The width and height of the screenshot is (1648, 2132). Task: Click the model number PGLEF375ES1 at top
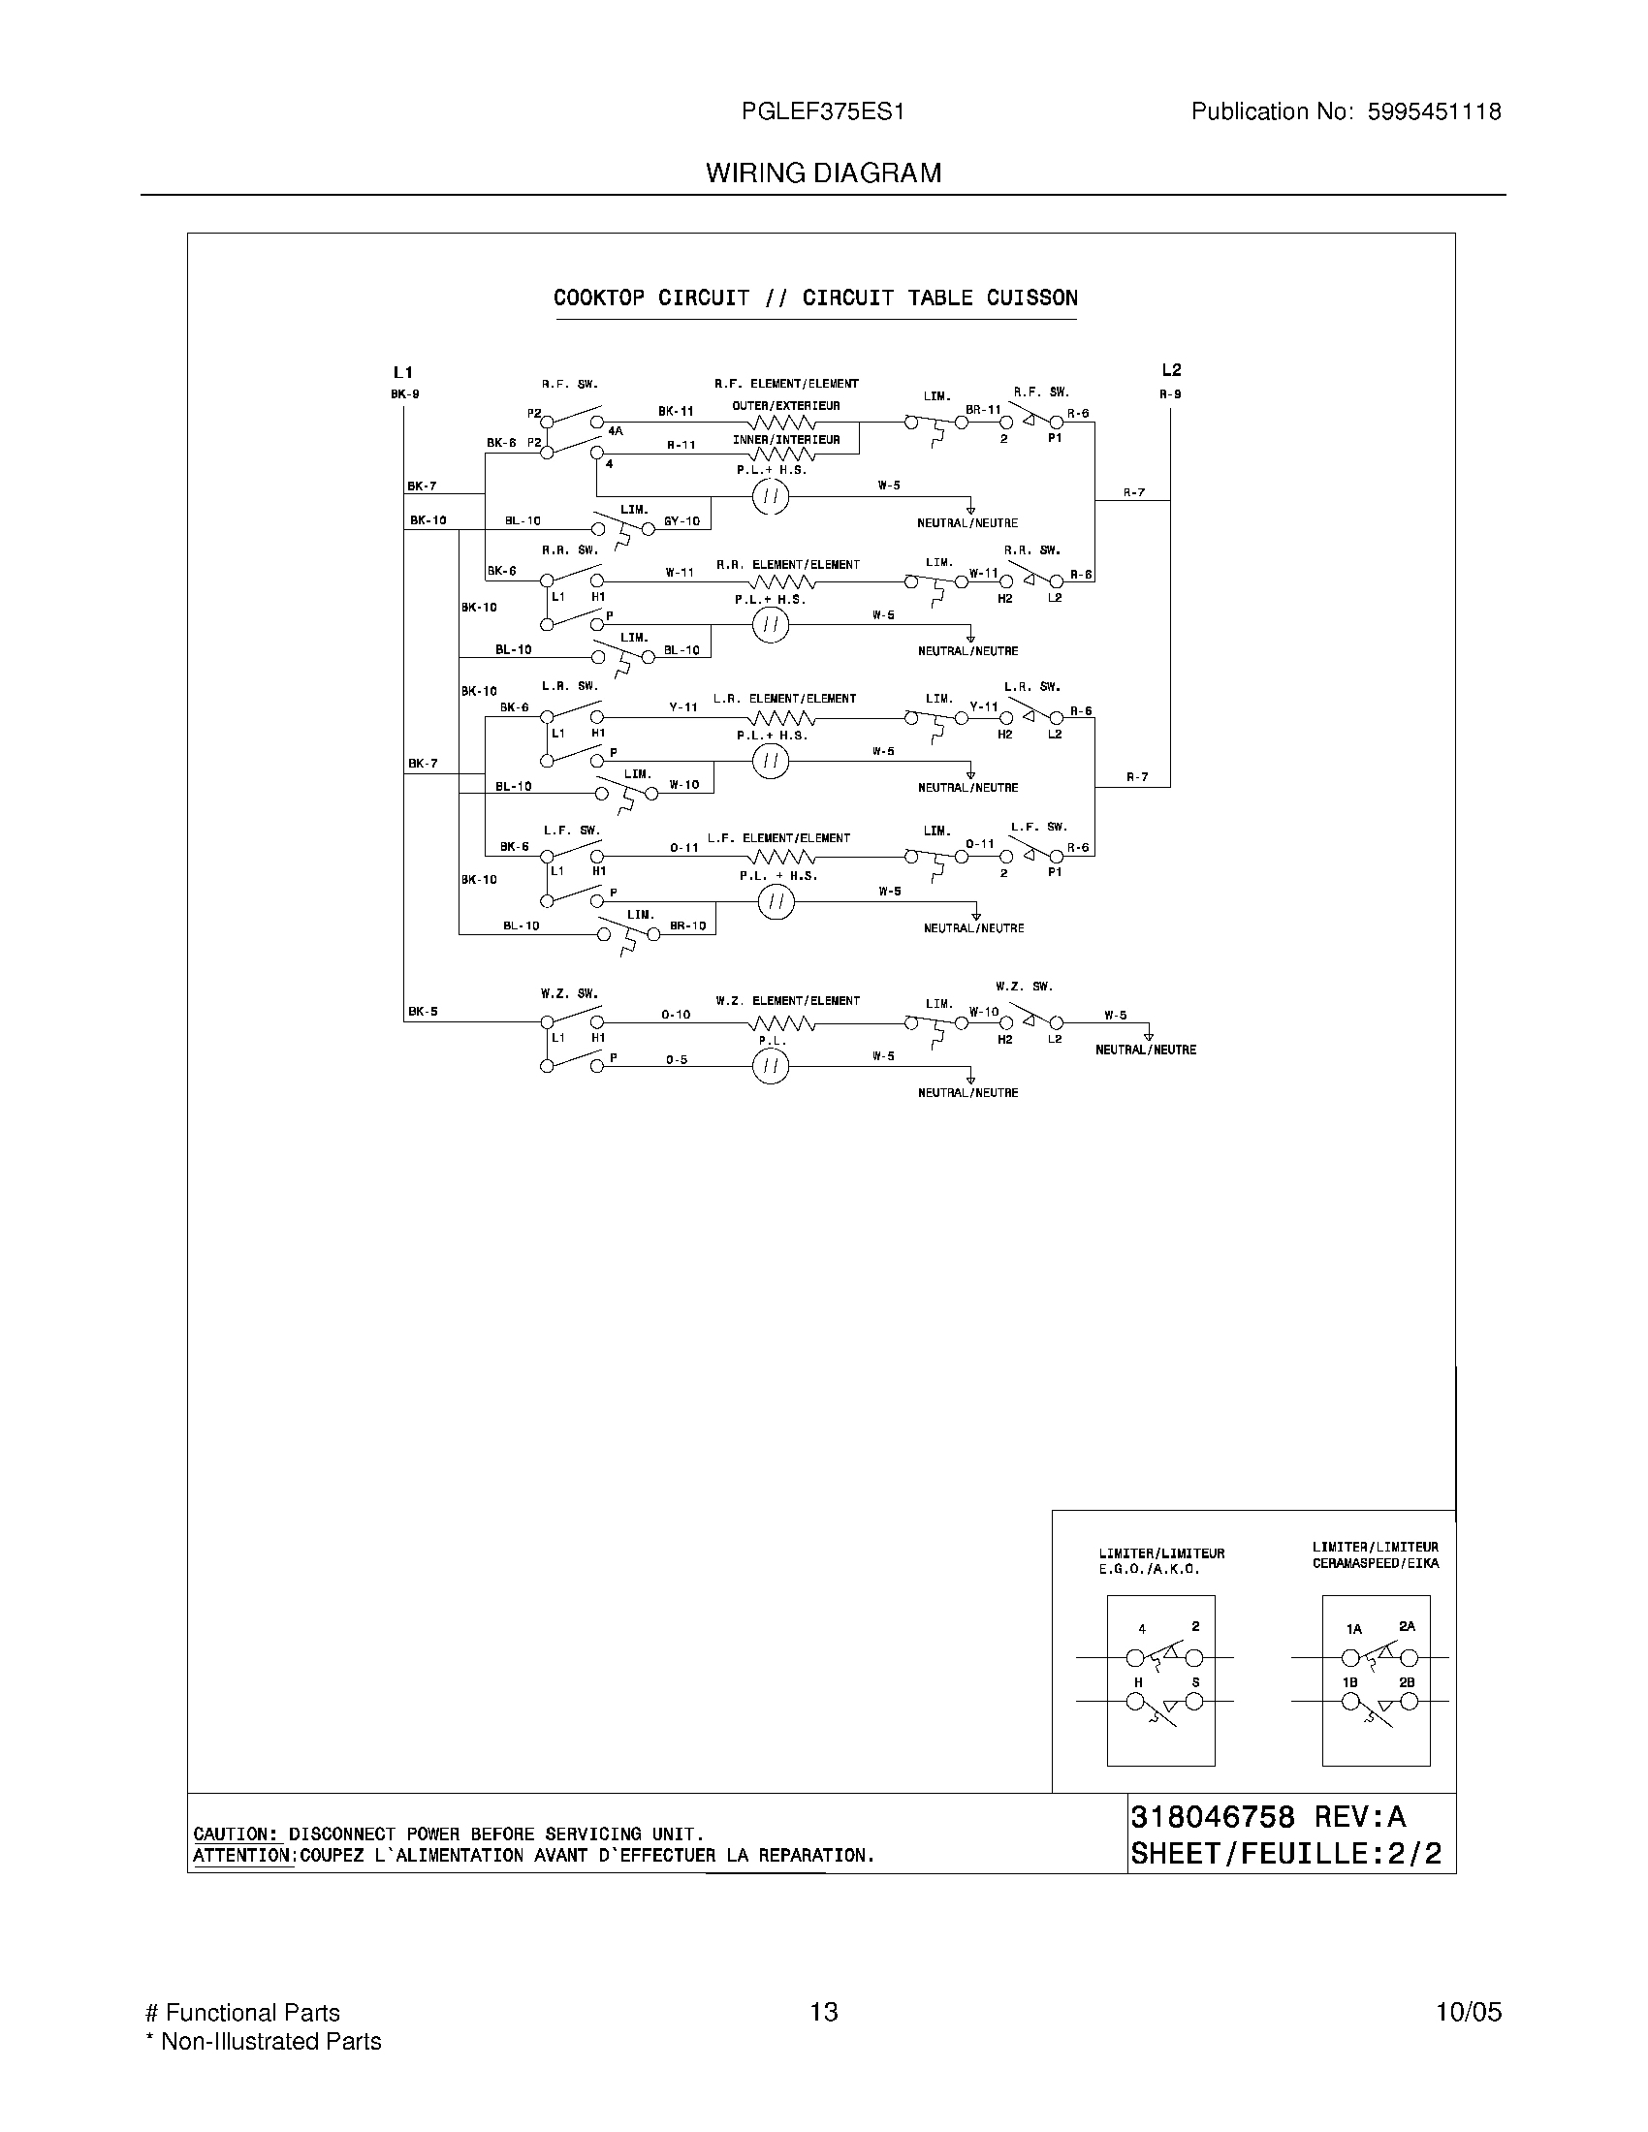[x=822, y=112]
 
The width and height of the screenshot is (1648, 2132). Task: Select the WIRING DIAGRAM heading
[x=823, y=173]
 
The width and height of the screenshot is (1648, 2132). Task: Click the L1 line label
[x=403, y=372]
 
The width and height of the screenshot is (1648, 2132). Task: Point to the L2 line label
[x=1171, y=370]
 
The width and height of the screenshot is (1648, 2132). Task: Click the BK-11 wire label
[x=675, y=412]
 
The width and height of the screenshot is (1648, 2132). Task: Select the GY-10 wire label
[x=681, y=521]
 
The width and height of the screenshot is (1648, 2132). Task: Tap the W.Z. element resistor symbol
[x=781, y=1023]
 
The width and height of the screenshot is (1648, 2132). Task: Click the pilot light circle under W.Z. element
[x=771, y=1067]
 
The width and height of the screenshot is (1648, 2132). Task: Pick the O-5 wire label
[x=677, y=1059]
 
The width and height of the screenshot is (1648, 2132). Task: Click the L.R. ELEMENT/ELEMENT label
[x=784, y=699]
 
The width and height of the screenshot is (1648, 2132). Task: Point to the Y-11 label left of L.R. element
[x=683, y=706]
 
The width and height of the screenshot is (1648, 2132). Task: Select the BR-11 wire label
[x=983, y=410]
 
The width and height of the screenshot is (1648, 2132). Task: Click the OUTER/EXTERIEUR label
[x=786, y=406]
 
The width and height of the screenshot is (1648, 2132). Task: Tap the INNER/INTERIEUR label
[x=786, y=440]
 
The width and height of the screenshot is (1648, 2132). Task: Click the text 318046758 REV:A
[x=1267, y=1818]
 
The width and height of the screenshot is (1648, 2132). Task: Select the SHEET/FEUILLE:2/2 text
[x=1284, y=1854]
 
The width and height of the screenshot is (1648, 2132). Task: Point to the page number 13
[x=823, y=2012]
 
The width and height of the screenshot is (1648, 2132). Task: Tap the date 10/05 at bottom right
[x=1468, y=2012]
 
